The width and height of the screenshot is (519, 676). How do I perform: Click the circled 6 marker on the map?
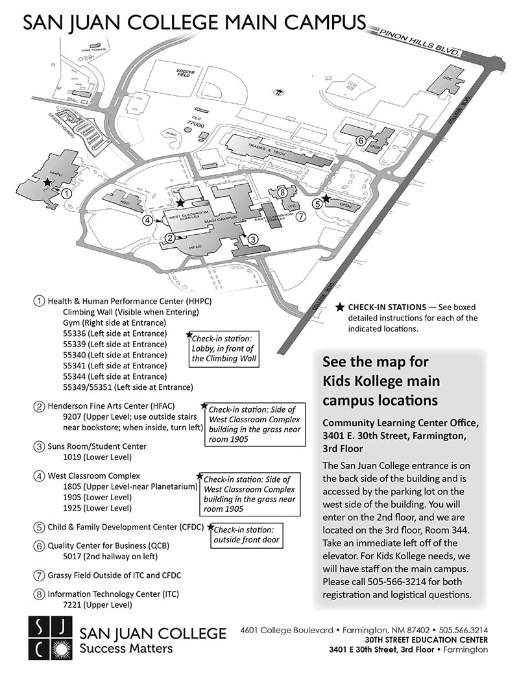point(361,139)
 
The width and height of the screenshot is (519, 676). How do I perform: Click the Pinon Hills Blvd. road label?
point(420,43)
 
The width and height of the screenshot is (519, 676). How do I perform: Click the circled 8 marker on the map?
point(282,193)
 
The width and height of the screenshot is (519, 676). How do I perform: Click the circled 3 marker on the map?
point(254,239)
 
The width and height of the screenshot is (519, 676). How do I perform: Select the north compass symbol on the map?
point(278,91)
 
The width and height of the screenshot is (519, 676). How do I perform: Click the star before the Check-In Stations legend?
point(339,307)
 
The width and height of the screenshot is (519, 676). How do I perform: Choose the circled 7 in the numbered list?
point(40,575)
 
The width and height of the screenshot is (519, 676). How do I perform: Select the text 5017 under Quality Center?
point(71,556)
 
